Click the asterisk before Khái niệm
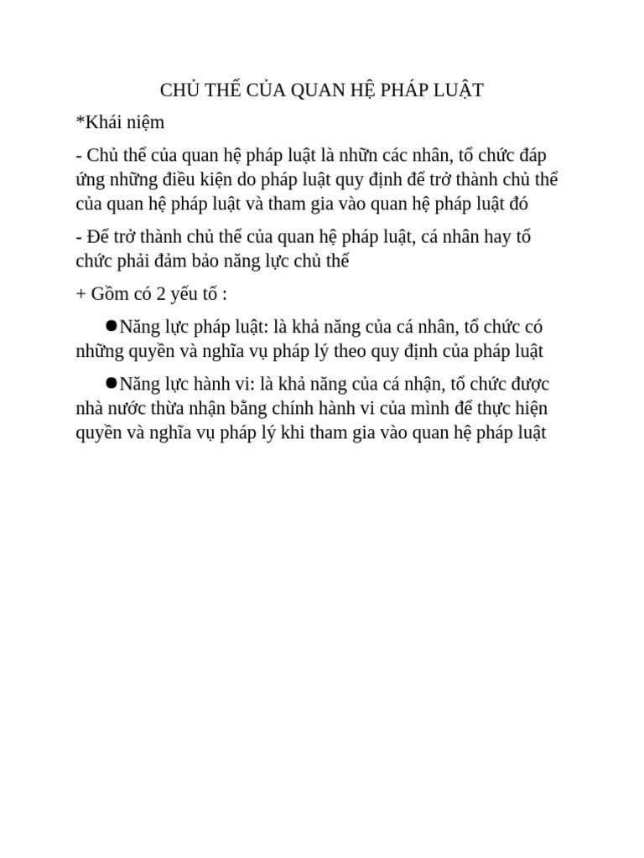coord(80,121)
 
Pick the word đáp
coord(531,155)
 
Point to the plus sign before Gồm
coord(80,294)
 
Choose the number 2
coord(162,294)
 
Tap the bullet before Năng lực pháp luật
coord(112,325)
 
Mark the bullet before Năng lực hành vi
coord(112,383)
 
